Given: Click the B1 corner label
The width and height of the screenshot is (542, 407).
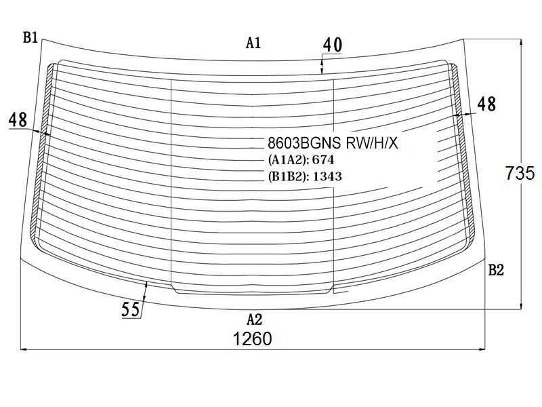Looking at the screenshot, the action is click(x=30, y=37).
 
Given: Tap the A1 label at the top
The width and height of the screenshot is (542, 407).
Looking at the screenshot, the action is click(x=253, y=43).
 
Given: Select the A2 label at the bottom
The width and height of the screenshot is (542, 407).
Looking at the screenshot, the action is click(x=254, y=319).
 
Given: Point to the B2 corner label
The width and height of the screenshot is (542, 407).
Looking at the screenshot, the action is click(x=496, y=270).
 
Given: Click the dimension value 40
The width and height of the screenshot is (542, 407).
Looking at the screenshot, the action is click(x=333, y=45).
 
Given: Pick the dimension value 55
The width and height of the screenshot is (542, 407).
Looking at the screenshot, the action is click(x=131, y=309).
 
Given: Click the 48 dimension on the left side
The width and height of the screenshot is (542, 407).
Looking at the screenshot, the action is click(x=18, y=120).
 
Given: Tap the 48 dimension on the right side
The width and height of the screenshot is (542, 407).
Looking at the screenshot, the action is click(x=486, y=104).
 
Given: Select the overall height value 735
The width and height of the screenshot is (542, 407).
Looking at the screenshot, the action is click(x=520, y=173).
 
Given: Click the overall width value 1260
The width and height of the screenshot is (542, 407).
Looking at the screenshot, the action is click(x=253, y=338).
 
